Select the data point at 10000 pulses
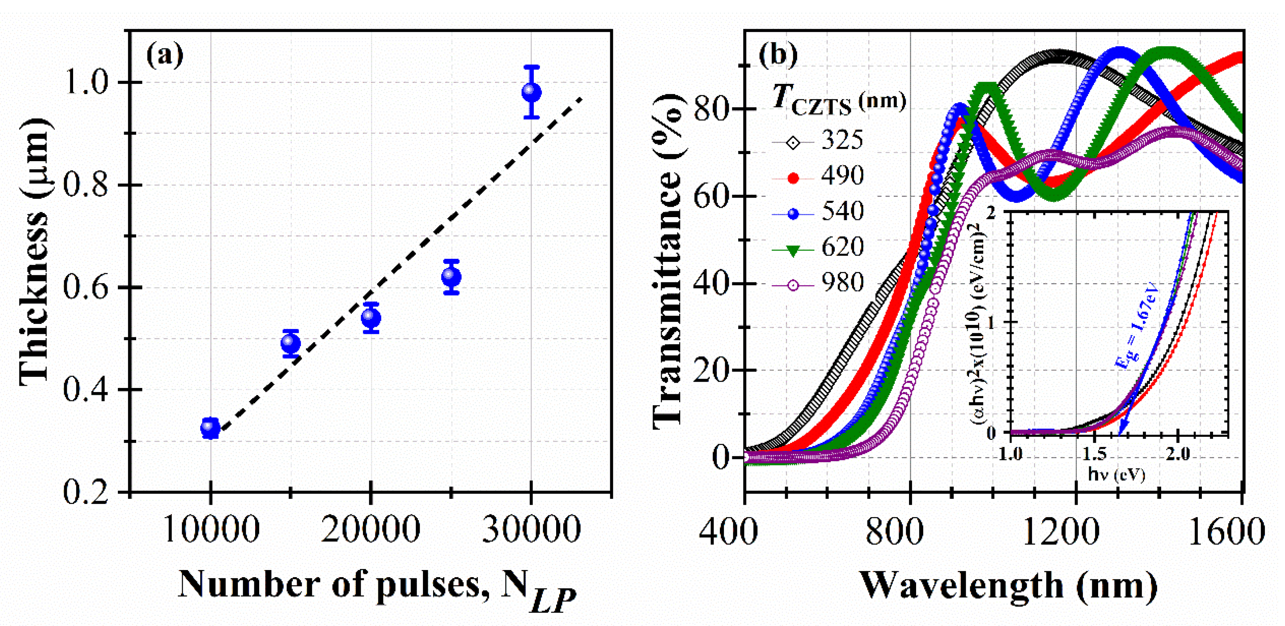pos(210,428)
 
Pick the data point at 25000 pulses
pos(451,276)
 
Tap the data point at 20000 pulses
pos(371,318)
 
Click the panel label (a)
pos(164,55)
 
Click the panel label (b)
pos(778,54)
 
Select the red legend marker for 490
pos(793,178)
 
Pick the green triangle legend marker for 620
pos(793,250)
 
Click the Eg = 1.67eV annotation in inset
pos(1136,327)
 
